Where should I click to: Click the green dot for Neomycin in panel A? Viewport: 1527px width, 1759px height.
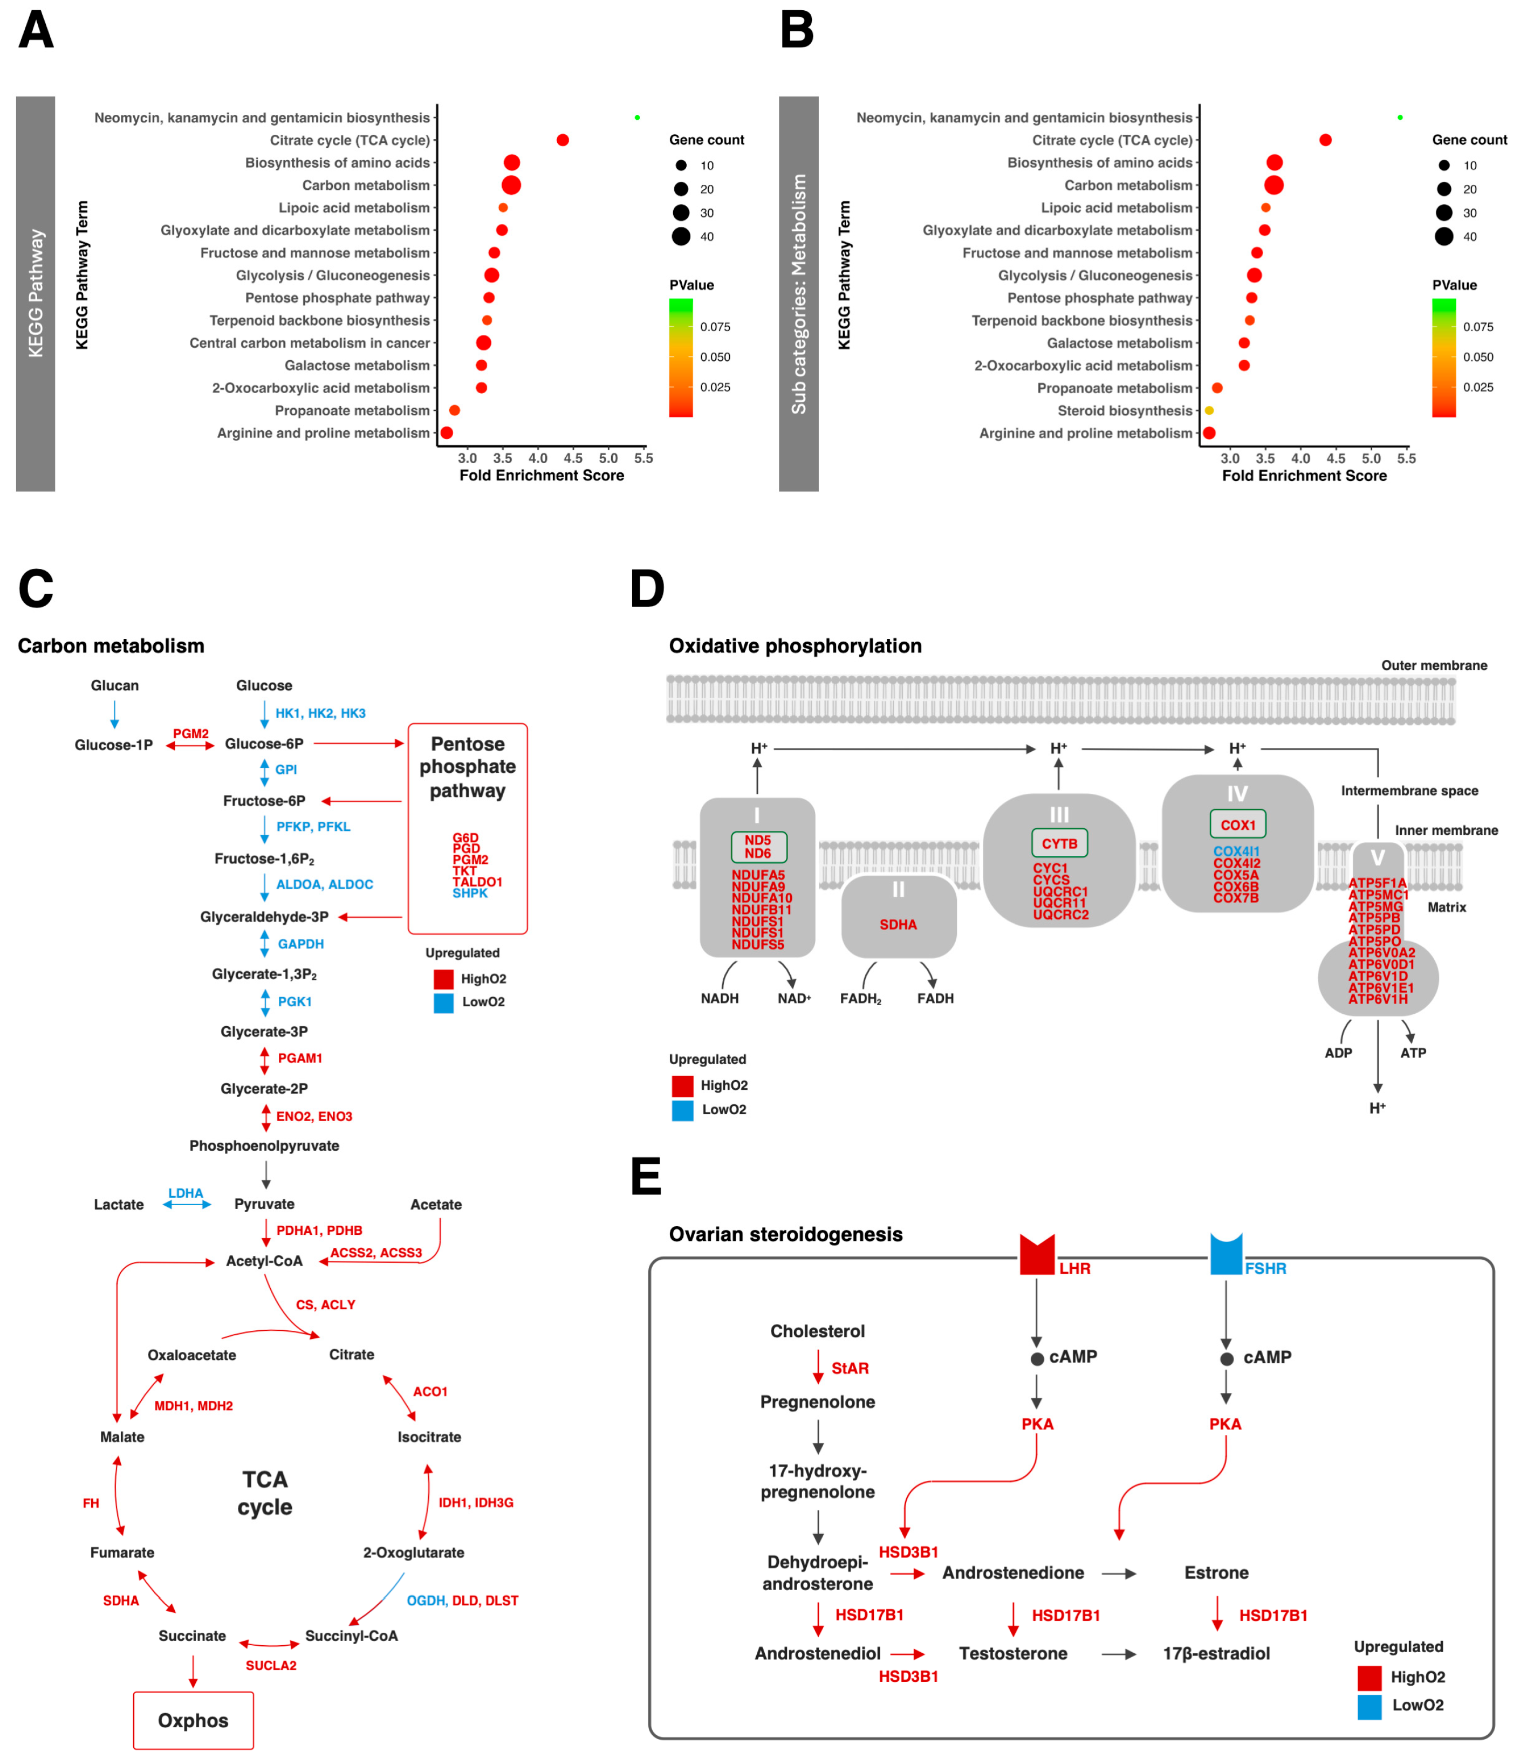[x=638, y=118]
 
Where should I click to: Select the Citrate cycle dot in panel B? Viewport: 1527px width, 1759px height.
[x=1325, y=140]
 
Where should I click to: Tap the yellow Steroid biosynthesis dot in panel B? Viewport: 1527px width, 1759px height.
[x=1209, y=410]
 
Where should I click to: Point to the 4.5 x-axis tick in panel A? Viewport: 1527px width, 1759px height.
[x=573, y=458]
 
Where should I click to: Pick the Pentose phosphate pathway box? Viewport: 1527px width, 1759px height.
[x=468, y=828]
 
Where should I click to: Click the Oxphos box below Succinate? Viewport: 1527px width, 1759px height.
[x=194, y=1720]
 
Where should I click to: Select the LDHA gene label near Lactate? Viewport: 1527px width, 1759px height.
[x=186, y=1193]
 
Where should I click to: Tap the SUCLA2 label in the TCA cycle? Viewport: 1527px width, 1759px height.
[x=271, y=1665]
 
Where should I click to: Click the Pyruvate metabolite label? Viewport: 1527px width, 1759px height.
[x=264, y=1204]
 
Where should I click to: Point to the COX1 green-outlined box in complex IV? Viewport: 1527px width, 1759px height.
[x=1237, y=824]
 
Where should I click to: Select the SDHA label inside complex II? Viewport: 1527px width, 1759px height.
[x=898, y=924]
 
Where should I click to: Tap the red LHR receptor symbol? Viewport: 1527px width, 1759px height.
[x=1037, y=1255]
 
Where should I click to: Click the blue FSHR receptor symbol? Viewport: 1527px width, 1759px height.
[x=1226, y=1255]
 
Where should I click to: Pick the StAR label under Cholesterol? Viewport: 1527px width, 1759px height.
[x=850, y=1368]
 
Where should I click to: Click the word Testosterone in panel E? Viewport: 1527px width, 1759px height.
[x=1012, y=1653]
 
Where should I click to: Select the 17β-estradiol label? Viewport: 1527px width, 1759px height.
[x=1216, y=1653]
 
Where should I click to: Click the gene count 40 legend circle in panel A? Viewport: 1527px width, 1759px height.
[x=681, y=237]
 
